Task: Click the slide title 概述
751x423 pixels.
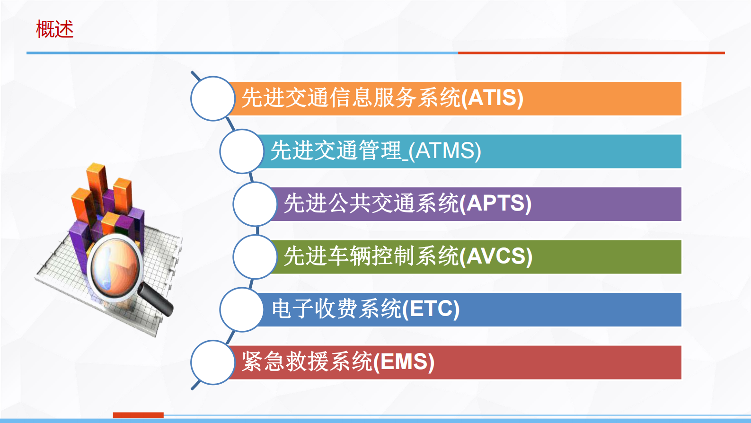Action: pyautogui.click(x=55, y=29)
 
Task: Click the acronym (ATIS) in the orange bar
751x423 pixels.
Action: pyautogui.click(x=492, y=98)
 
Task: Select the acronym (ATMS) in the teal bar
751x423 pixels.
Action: pyautogui.click(x=445, y=151)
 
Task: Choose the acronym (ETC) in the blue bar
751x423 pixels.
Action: pyautogui.click(x=431, y=309)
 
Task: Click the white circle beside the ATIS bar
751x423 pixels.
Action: pyautogui.click(x=213, y=98)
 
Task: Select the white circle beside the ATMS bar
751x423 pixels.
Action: pyautogui.click(x=242, y=151)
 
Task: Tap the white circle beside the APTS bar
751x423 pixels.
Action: pyautogui.click(x=255, y=204)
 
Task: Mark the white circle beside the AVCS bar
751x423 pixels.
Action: pyautogui.click(x=255, y=257)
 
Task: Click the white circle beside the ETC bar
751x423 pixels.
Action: pyautogui.click(x=242, y=309)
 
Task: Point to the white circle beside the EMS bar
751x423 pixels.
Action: pyautogui.click(x=213, y=362)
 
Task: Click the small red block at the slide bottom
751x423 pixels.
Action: pyautogui.click(x=138, y=415)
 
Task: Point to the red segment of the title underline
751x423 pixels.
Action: pyautogui.click(x=591, y=53)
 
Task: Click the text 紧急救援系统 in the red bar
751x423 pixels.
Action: pyautogui.click(x=307, y=362)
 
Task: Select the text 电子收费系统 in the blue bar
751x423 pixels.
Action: pyautogui.click(x=336, y=309)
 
